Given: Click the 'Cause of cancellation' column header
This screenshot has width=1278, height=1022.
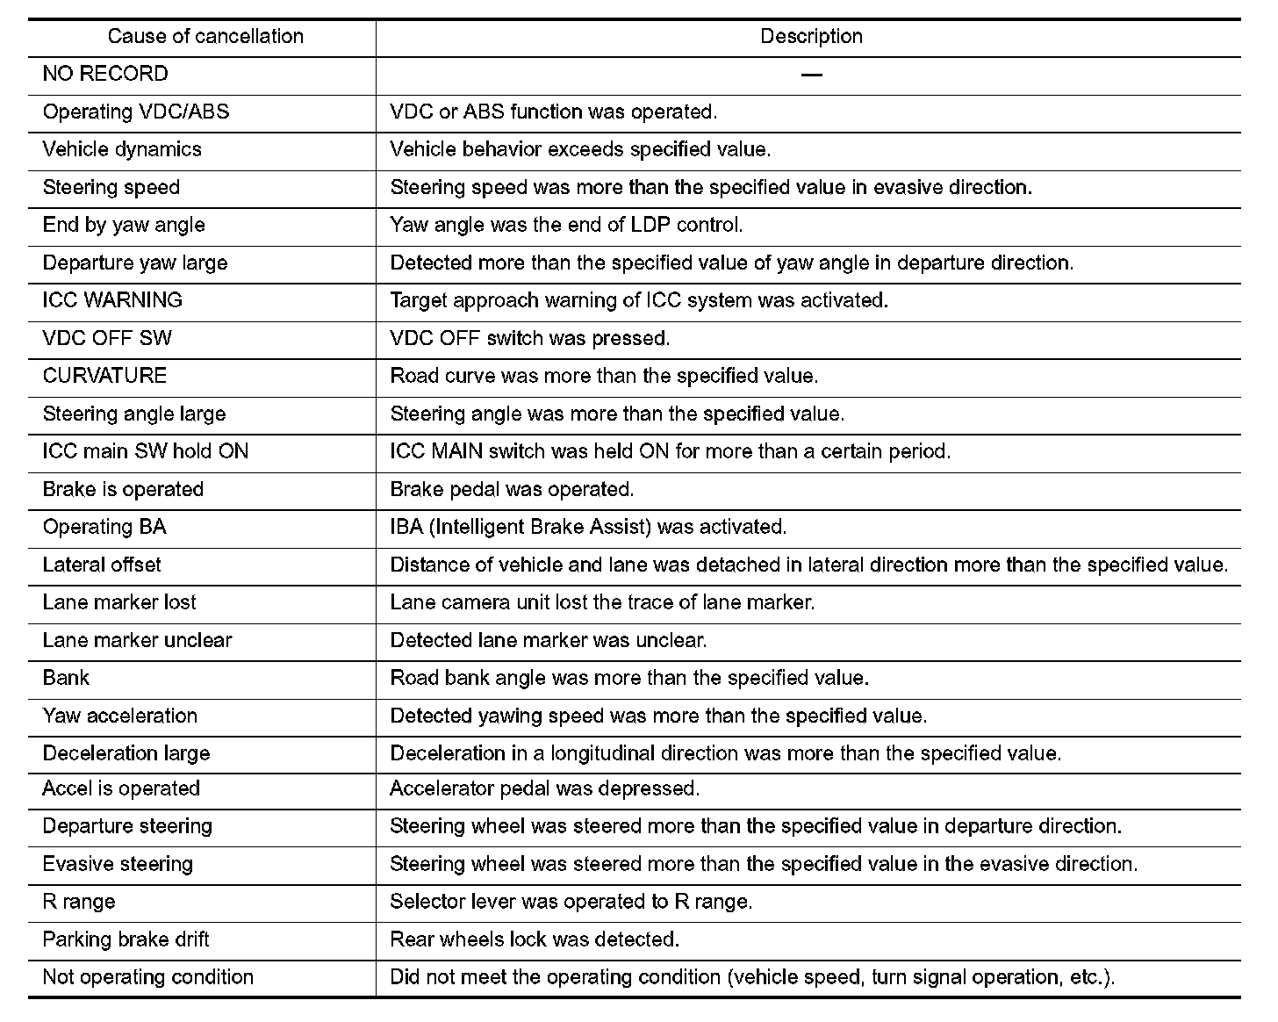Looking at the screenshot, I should [x=205, y=37].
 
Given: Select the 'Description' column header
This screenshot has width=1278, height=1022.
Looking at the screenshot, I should [x=811, y=37].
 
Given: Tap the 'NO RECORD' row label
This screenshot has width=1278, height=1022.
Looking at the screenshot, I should [x=105, y=74].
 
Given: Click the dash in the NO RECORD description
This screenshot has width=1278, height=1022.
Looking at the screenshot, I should [x=811, y=76].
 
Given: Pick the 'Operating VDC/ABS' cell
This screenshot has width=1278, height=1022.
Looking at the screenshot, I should [x=136, y=112].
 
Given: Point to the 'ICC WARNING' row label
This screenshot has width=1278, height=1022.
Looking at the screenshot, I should [x=112, y=300].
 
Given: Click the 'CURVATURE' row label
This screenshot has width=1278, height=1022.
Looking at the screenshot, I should [x=104, y=376].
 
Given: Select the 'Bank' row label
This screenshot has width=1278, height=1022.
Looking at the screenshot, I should [x=66, y=678].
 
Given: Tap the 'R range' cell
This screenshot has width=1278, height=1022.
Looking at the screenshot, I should [x=79, y=902].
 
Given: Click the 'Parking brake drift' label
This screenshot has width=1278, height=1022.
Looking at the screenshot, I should [x=126, y=939].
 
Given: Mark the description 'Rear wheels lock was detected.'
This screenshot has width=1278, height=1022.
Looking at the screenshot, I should [x=535, y=939].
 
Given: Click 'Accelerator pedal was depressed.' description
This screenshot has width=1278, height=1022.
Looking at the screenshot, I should [x=544, y=788].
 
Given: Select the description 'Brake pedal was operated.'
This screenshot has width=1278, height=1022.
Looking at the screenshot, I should [x=512, y=489].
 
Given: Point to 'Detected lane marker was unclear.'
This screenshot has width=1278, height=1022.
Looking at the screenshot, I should [x=549, y=640].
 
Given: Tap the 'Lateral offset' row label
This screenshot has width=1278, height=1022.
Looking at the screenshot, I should [x=102, y=565].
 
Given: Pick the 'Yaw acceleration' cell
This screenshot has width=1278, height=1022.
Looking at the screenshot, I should [x=120, y=716].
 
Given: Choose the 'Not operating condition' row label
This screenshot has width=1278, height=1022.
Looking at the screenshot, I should [x=148, y=977].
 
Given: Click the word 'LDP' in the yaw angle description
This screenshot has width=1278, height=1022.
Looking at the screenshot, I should [x=651, y=225].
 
